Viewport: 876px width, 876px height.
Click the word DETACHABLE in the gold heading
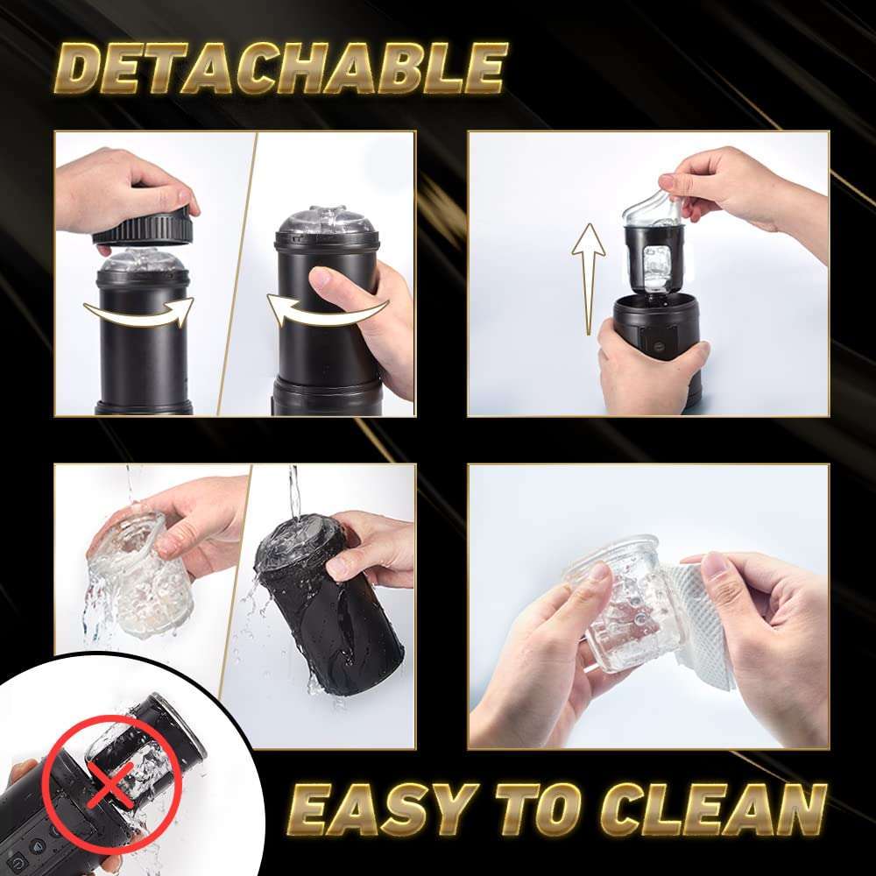click(x=281, y=68)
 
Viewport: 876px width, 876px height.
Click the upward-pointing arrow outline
click(x=589, y=279)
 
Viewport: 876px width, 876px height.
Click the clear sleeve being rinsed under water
click(x=139, y=576)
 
